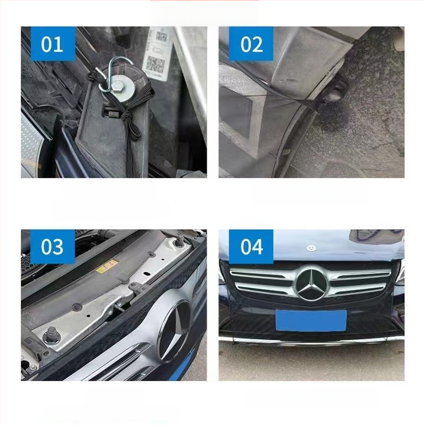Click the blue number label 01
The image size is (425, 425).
click(x=52, y=44)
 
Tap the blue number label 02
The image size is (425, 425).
click(x=251, y=44)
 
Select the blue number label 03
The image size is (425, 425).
click(x=52, y=247)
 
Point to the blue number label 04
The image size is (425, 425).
click(x=251, y=247)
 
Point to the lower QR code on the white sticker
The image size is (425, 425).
click(x=156, y=64)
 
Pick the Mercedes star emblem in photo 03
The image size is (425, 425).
click(x=174, y=330)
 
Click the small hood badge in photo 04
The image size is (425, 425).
click(x=311, y=249)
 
